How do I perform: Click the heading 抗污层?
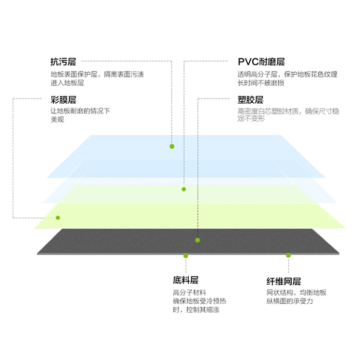pyautogui.click(x=63, y=62)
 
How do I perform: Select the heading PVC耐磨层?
pyautogui.click(x=261, y=62)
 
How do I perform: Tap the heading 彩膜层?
pyautogui.click(x=63, y=100)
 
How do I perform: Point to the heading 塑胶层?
pyautogui.click(x=251, y=100)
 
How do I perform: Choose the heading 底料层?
pyautogui.click(x=186, y=280)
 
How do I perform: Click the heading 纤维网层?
pyautogui.click(x=284, y=282)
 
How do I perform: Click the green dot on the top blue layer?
pyautogui.click(x=172, y=146)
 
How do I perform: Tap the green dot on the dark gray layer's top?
pyautogui.click(x=197, y=240)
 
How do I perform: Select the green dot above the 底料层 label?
pyautogui.click(x=186, y=256)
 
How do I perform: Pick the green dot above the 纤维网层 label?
pyautogui.click(x=288, y=255)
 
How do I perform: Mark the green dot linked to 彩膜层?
pyautogui.click(x=58, y=218)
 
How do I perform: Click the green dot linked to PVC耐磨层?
pyautogui.click(x=184, y=189)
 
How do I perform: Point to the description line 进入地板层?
pyautogui.click(x=67, y=83)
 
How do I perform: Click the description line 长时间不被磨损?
pyautogui.click(x=261, y=83)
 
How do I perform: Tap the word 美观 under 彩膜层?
pyautogui.click(x=58, y=119)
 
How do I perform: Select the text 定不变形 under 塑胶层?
pyautogui.click(x=251, y=119)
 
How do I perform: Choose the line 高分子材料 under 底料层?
pyautogui.click(x=190, y=293)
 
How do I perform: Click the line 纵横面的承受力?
pyautogui.click(x=290, y=301)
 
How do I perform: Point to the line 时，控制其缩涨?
pyautogui.click(x=196, y=310)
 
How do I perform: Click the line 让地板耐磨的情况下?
pyautogui.click(x=80, y=111)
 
